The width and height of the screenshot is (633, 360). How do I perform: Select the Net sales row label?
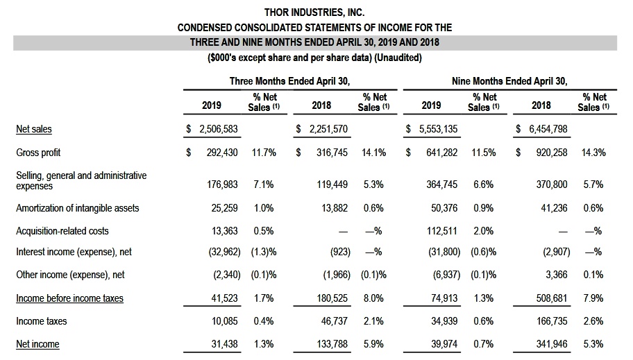[x=34, y=129]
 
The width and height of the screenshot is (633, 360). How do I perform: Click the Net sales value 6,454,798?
[x=545, y=129]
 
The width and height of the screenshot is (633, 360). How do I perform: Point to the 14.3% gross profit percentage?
[x=593, y=153]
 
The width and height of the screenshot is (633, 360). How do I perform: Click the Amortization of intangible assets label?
[x=78, y=208]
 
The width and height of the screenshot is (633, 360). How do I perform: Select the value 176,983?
[x=224, y=185]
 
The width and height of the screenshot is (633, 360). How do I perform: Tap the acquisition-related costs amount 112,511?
[x=441, y=231]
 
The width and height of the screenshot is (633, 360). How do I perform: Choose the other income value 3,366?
[x=557, y=275]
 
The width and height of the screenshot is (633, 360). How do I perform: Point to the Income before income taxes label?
[x=70, y=298]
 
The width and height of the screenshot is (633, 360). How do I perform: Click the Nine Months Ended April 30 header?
[x=509, y=81]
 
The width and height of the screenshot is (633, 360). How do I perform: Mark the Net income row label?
[x=37, y=344]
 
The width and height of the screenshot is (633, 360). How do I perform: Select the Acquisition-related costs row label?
[x=62, y=231]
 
